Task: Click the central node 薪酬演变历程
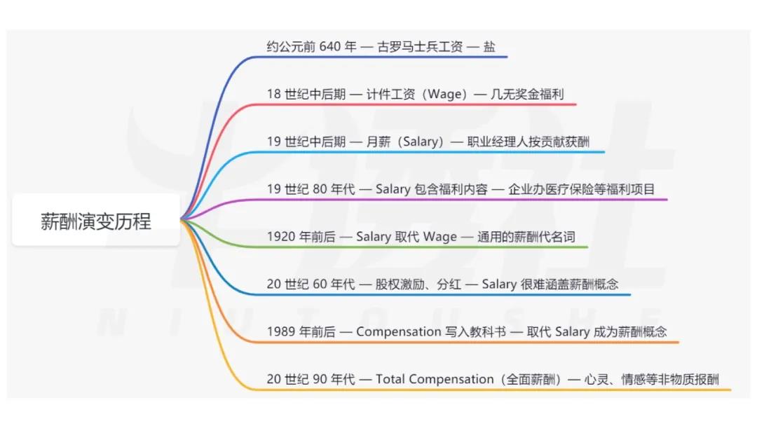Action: (95, 221)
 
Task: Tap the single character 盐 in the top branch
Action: (489, 47)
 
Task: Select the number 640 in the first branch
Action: (329, 47)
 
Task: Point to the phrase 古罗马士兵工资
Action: (420, 47)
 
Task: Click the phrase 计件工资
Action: (390, 94)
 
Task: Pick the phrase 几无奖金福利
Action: (527, 94)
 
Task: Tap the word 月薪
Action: (378, 142)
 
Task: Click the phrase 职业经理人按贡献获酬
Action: (528, 142)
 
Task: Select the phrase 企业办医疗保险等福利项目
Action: (581, 189)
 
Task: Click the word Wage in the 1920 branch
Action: (439, 237)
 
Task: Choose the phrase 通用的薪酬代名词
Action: (526, 236)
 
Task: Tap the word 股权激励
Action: (400, 284)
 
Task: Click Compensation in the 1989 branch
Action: (399, 332)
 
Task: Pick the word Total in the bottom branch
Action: (390, 379)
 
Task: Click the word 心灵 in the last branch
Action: (596, 379)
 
